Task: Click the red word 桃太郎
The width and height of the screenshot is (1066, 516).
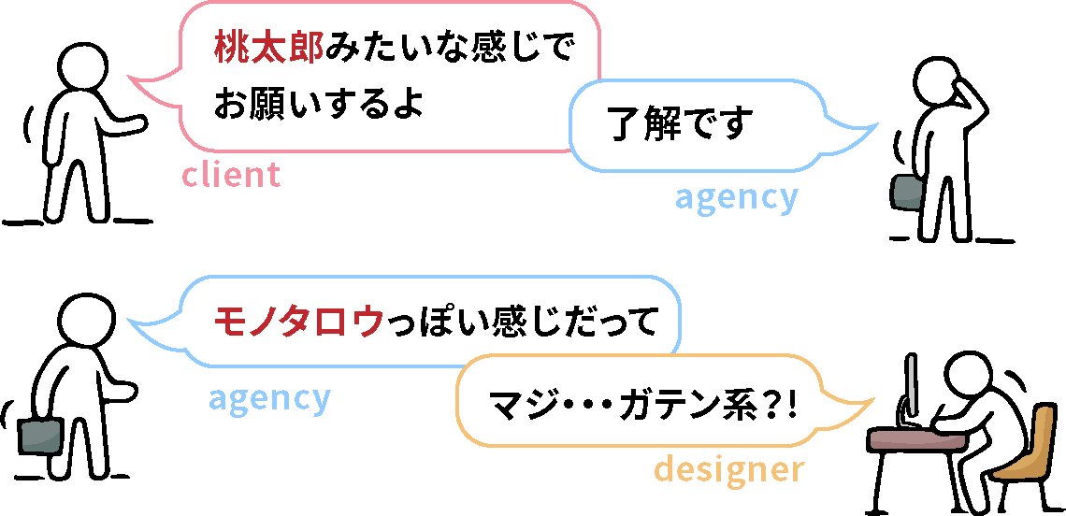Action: (268, 49)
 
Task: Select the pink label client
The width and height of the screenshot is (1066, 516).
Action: (230, 175)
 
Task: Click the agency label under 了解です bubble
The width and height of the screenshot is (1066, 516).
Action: (736, 197)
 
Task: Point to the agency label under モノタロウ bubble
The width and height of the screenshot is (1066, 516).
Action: (269, 398)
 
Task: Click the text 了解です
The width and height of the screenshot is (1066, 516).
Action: (680, 124)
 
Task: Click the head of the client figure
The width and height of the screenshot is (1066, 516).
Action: (85, 64)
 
